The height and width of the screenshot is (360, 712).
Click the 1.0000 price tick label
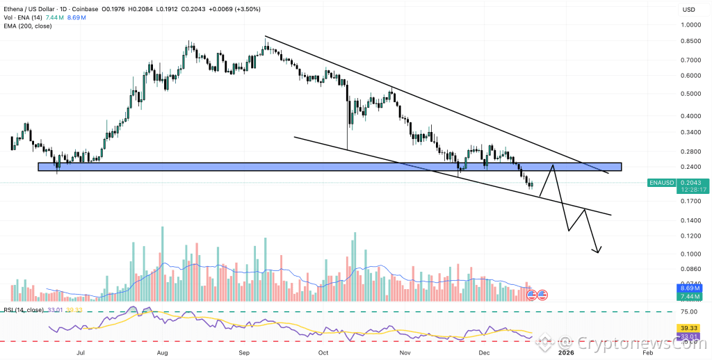coord(690,25)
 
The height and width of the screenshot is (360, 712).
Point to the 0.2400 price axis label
coord(690,167)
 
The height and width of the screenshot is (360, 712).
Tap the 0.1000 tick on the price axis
coord(690,254)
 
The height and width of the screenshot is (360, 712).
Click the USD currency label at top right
coord(689,9)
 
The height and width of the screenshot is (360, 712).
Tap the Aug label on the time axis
coord(162,353)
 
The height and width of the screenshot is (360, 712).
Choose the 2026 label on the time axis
coord(566,353)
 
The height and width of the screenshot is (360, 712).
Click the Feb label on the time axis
coord(647,353)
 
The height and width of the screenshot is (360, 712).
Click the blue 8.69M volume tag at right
coord(689,287)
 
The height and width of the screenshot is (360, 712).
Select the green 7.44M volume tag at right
coord(689,296)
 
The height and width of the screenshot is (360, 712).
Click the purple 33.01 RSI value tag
coord(689,336)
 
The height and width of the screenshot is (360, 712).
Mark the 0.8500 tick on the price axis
coord(690,41)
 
